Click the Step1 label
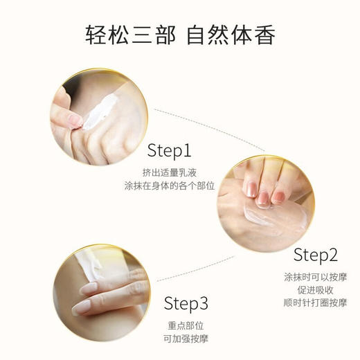170,151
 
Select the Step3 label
186,303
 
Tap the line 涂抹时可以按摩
315,275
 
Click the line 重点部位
186,324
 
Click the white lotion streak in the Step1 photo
100,111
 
